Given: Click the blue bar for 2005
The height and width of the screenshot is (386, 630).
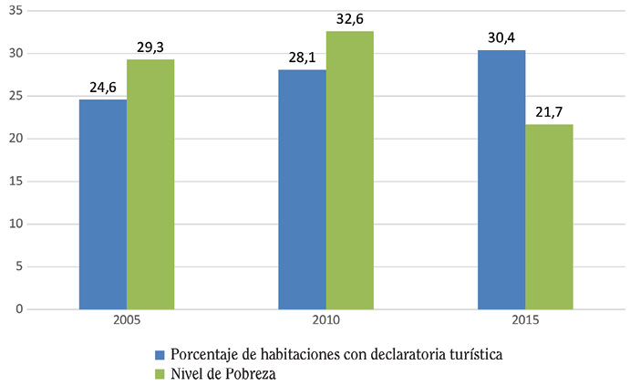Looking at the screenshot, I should click(103, 204).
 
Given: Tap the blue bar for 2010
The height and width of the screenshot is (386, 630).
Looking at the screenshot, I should click(302, 190).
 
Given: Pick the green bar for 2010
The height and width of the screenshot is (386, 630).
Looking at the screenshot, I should click(350, 171).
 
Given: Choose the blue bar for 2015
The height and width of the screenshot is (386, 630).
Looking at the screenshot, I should click(501, 180).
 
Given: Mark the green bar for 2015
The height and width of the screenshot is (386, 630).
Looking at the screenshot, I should click(549, 217).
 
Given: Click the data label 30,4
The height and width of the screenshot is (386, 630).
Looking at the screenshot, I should click(502, 38).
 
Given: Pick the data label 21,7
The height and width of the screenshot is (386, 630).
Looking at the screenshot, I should click(550, 113).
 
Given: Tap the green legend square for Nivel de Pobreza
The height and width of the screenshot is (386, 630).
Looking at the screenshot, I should click(160, 372).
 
